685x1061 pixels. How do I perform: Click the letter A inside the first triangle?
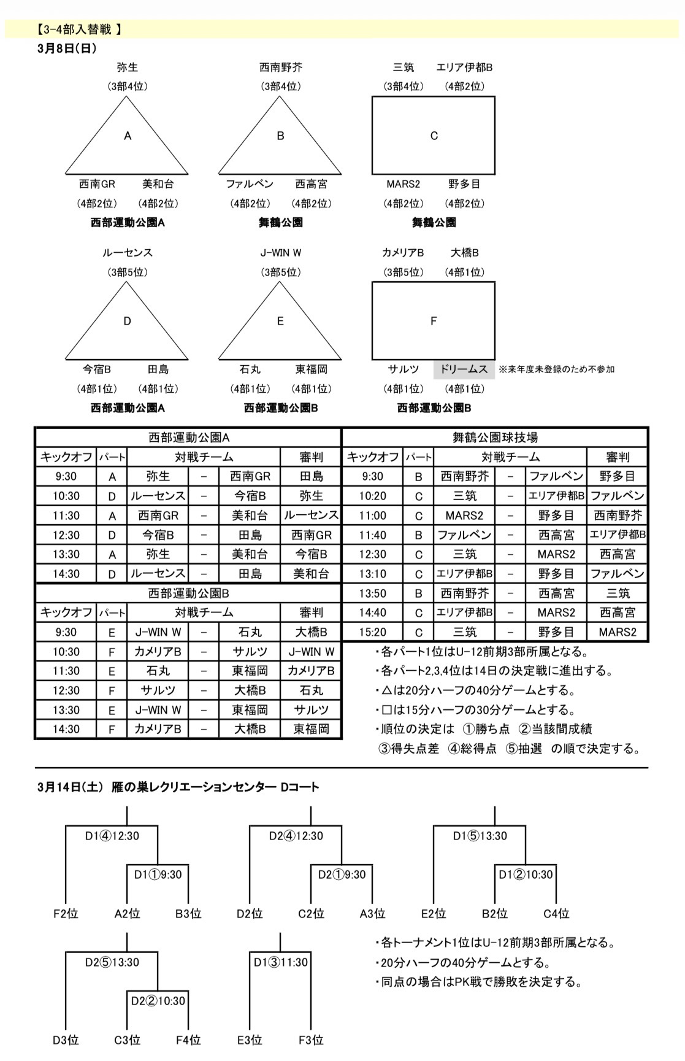point(128,136)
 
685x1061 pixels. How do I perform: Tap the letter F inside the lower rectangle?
point(434,321)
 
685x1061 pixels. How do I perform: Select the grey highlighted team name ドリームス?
point(464,369)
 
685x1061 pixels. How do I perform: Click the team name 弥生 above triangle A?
point(128,68)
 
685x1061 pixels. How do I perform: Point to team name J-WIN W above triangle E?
point(280,253)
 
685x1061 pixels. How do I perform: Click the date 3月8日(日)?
point(67,48)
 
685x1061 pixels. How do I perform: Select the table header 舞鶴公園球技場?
point(495,438)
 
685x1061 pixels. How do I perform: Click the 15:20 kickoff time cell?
point(372,632)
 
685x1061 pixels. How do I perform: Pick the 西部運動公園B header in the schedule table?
point(188,593)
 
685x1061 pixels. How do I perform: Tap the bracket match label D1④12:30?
point(112,836)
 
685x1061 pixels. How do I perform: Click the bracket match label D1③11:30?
point(280,962)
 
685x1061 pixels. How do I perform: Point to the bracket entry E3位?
point(250,1040)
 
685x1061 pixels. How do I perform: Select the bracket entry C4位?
point(556,914)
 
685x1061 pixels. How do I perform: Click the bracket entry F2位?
point(66,914)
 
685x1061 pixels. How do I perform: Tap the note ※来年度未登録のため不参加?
point(556,369)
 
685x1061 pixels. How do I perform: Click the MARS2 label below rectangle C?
point(403,184)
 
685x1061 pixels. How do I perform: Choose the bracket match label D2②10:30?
point(158,1001)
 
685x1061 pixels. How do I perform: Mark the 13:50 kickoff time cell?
point(372,593)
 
